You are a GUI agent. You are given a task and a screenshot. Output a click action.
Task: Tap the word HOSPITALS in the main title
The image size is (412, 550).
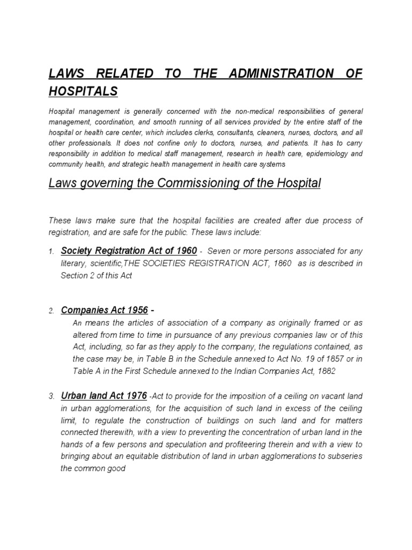pyautogui.click(x=83, y=92)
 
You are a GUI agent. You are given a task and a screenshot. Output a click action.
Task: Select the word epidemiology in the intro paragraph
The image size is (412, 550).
pyautogui.click(x=318, y=154)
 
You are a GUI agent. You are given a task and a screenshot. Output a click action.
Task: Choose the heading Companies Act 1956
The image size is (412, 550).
pyautogui.click(x=105, y=310)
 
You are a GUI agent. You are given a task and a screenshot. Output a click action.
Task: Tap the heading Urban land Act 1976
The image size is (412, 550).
pyautogui.click(x=104, y=396)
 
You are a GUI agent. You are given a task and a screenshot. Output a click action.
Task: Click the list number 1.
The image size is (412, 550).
pyautogui.click(x=51, y=252)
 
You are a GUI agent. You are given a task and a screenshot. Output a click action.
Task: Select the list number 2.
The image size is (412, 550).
pyautogui.click(x=51, y=311)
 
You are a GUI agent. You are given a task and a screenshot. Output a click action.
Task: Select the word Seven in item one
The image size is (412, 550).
pyautogui.click(x=218, y=251)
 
